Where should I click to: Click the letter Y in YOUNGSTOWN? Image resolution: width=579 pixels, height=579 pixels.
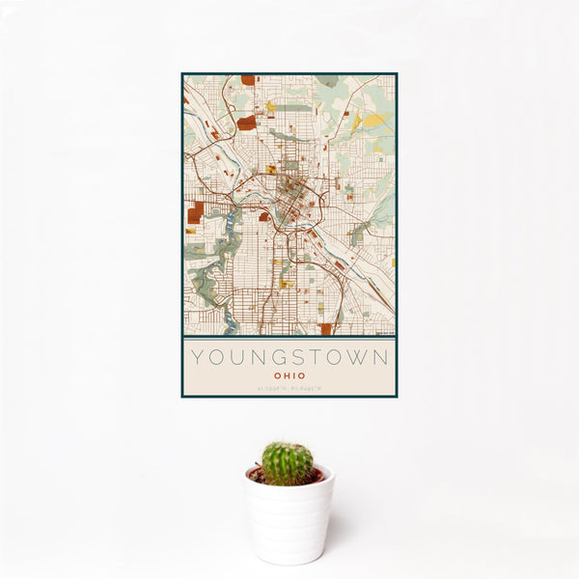click(x=196, y=357)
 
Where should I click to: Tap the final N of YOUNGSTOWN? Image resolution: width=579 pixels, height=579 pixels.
click(x=382, y=357)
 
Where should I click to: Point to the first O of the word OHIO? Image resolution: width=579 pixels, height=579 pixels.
click(x=276, y=375)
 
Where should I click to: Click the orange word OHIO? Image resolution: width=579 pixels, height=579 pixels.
click(x=289, y=375)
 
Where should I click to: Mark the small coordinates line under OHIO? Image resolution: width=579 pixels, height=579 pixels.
click(x=289, y=389)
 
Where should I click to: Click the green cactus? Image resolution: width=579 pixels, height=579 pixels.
click(x=287, y=463)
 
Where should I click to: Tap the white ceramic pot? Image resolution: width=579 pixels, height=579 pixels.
click(x=289, y=519)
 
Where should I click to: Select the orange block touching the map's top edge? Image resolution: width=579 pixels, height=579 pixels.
click(x=248, y=80)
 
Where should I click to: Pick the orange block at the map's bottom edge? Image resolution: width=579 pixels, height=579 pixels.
click(x=325, y=329)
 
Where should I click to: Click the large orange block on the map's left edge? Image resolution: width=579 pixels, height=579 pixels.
click(x=196, y=211)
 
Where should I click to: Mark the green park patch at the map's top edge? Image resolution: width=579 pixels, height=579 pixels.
click(x=326, y=81)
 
